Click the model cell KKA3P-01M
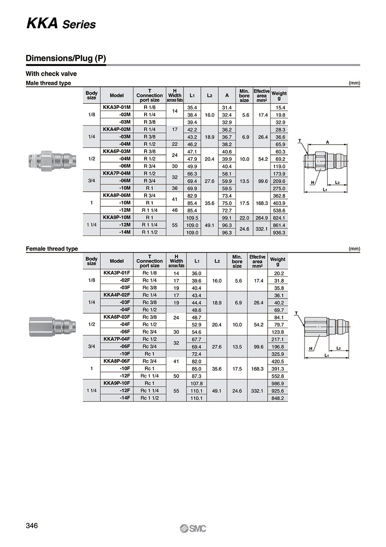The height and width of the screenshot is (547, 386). (x=117, y=107)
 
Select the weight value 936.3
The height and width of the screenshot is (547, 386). (x=279, y=233)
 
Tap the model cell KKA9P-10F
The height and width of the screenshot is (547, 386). (x=117, y=383)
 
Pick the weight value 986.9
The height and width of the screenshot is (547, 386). (x=278, y=383)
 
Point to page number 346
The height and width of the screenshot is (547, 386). (x=32, y=526)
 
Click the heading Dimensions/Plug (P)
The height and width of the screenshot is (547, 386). (x=66, y=58)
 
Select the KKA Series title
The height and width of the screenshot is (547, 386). (x=61, y=24)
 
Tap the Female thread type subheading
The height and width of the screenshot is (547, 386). (x=52, y=249)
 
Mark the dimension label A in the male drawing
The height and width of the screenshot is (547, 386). (x=328, y=142)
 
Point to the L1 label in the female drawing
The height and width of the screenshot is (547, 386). (x=327, y=356)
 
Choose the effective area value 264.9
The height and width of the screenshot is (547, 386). (x=261, y=218)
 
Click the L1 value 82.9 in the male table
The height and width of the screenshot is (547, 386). (x=192, y=196)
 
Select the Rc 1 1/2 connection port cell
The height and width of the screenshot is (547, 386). (x=150, y=398)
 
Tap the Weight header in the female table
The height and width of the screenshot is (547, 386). (x=277, y=260)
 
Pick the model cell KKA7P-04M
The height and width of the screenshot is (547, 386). (x=117, y=173)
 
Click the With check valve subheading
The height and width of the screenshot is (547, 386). (x=51, y=74)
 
